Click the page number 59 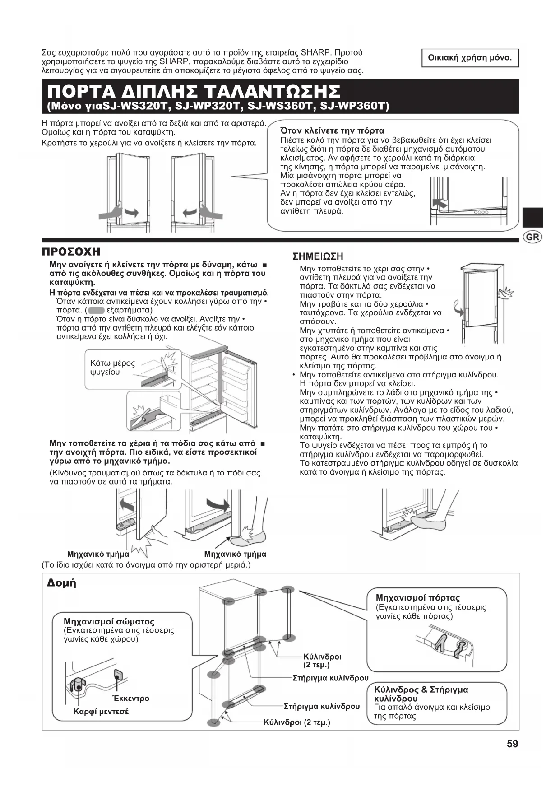(x=512, y=744)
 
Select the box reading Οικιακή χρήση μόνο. (x=470, y=58)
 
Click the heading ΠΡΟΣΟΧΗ (x=71, y=252)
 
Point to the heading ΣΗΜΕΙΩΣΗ (x=318, y=256)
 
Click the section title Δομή (x=62, y=583)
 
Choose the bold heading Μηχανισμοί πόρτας (x=417, y=598)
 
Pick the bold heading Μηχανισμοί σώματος (x=109, y=622)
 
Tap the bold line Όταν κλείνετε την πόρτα (x=332, y=131)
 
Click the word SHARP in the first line (x=316, y=52)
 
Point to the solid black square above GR (x=532, y=217)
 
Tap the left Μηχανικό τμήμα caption (x=98, y=554)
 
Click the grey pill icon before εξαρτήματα (x=97, y=310)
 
